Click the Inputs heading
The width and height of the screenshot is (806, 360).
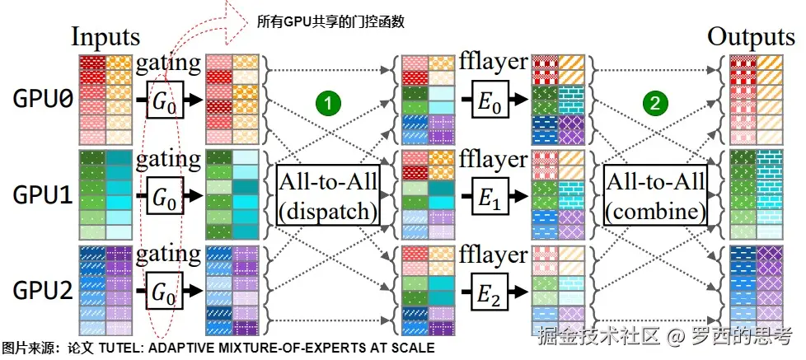click(x=105, y=36)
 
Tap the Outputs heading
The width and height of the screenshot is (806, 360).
click(x=751, y=36)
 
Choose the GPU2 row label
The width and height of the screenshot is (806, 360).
click(x=43, y=291)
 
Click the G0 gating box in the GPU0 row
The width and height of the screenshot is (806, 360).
click(x=165, y=100)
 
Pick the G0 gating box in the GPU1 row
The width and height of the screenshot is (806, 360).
click(x=165, y=196)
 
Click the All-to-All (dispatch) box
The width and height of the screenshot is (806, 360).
click(x=328, y=196)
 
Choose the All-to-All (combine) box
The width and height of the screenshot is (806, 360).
click(x=656, y=196)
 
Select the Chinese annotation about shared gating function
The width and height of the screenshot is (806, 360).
click(x=326, y=21)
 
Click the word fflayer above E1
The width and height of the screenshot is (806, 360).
click(x=494, y=158)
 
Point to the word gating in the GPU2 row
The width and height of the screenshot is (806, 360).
click(x=169, y=255)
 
